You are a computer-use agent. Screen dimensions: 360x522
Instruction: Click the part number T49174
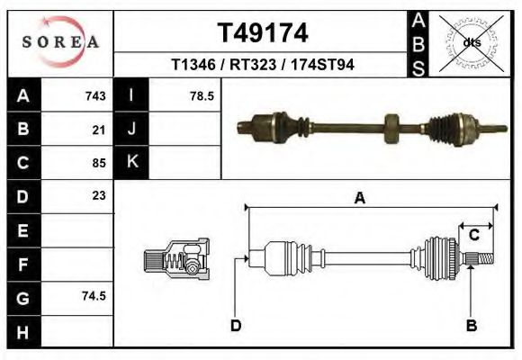point(263,33)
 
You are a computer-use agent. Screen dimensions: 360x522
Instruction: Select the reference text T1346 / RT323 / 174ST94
point(263,65)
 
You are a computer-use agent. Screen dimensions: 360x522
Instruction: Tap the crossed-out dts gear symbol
point(471,41)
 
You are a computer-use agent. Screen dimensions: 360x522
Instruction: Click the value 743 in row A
point(95,96)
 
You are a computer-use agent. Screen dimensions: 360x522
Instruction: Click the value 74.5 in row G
point(94,296)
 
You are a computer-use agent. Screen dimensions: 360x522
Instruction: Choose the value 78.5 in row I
point(202,96)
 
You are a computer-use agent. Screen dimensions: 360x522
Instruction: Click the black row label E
point(22,229)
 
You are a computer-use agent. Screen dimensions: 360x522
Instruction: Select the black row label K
point(132,162)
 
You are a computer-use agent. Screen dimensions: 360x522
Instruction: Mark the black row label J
point(132,130)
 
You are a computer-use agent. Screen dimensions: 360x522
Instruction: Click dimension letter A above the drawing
point(360,199)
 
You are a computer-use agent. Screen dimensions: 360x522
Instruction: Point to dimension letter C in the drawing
point(473,235)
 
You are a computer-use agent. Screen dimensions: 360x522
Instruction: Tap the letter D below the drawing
point(235,326)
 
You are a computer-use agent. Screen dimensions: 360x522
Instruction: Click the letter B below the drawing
point(471,326)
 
